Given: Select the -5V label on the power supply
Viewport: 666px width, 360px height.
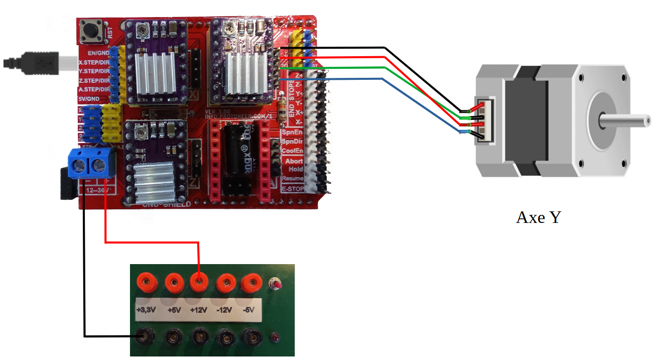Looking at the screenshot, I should [248, 310].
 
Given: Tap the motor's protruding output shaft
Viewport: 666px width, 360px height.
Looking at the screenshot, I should [625, 121].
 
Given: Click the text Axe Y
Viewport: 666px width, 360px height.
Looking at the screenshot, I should [538, 217].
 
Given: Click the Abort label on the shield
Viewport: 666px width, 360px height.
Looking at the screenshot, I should [294, 161].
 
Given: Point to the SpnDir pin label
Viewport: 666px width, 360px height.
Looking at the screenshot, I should [292, 142].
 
